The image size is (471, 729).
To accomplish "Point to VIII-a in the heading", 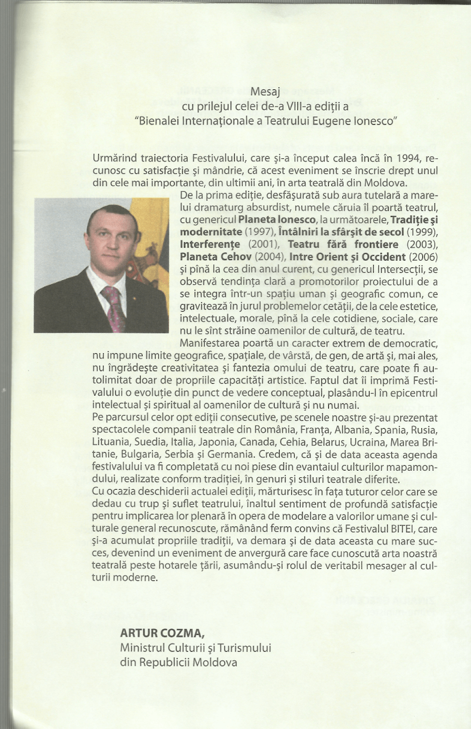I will point(255,107).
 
